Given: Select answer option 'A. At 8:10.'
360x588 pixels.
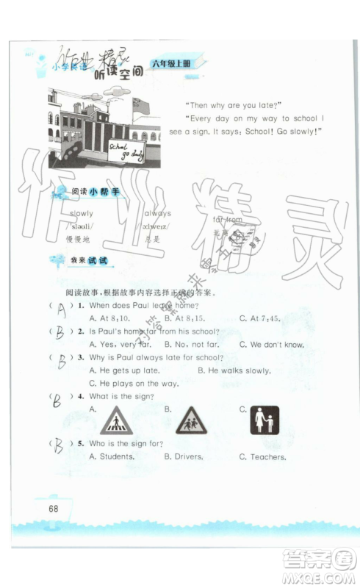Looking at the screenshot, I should pyautogui.click(x=109, y=318).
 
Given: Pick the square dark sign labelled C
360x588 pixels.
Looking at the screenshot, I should pyautogui.click(x=264, y=420).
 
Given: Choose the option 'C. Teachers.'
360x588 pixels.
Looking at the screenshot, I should pyautogui.click(x=262, y=456).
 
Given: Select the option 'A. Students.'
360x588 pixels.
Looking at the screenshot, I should pyautogui.click(x=111, y=456).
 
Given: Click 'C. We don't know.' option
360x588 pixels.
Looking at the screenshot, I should pyautogui.click(x=272, y=344).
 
